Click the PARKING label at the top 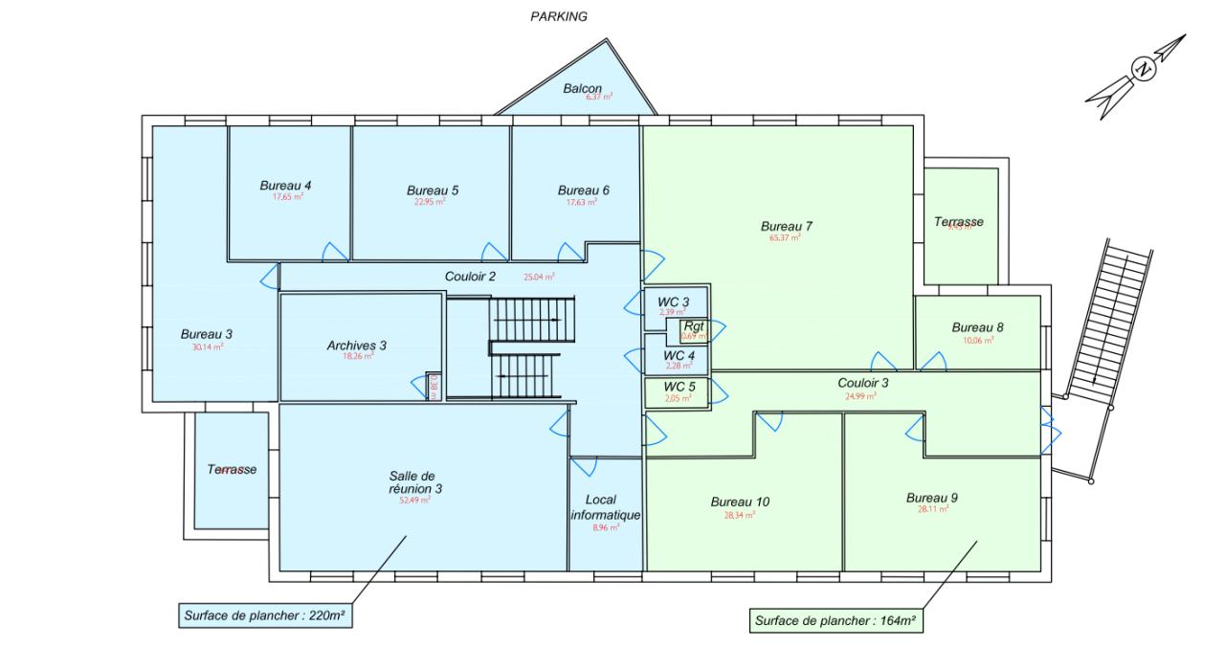(559, 16)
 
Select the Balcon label (583, 88)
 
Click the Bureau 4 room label (285, 185)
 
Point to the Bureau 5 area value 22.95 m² (433, 202)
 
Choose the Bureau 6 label (584, 190)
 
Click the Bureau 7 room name (787, 226)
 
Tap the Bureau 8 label (978, 326)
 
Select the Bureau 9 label (932, 498)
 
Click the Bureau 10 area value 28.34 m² (740, 514)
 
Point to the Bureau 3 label (207, 334)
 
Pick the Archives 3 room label (356, 345)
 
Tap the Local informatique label (605, 507)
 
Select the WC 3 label (673, 301)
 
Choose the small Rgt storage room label (694, 326)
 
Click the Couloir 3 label (863, 383)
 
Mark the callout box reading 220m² (264, 615)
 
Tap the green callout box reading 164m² (835, 620)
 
